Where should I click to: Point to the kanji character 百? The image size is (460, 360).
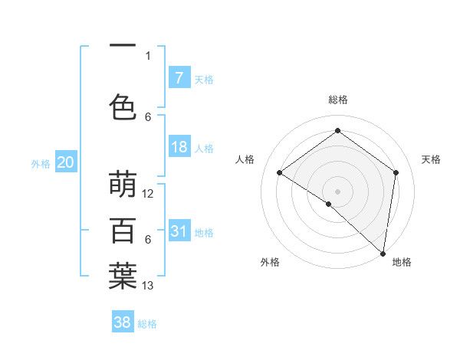tap(123, 231)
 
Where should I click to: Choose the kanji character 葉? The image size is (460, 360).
tap(123, 277)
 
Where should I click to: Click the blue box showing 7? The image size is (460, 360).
tap(179, 78)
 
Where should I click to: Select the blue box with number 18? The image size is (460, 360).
tap(179, 147)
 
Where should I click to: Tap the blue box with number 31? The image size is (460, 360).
tap(179, 231)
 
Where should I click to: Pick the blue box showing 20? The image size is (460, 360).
tap(66, 162)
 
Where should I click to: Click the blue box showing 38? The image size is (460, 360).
tap(123, 322)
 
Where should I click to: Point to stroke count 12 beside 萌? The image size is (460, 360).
tap(148, 194)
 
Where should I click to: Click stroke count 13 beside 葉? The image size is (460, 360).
tap(148, 286)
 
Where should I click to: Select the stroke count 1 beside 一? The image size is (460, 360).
tap(148, 55)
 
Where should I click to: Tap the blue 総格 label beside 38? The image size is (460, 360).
tap(148, 324)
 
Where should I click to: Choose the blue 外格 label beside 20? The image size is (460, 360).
tap(41, 163)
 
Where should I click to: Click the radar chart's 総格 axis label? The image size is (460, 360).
tap(338, 100)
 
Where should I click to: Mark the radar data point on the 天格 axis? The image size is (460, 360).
tap(396, 172)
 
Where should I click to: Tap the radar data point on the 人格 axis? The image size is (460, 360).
tap(280, 172)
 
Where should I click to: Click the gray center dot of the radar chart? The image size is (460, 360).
tap(338, 191)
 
